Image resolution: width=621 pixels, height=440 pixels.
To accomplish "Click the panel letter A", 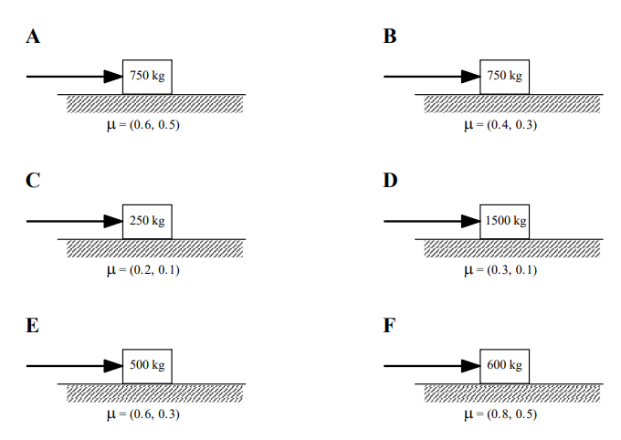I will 33,37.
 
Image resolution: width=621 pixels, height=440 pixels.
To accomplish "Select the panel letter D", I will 391,181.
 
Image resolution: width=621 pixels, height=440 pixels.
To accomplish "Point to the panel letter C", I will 33,181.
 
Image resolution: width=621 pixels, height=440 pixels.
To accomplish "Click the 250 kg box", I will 147,221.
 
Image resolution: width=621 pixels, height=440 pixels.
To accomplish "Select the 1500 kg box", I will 505,221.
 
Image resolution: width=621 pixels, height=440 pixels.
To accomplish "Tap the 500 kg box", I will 147,365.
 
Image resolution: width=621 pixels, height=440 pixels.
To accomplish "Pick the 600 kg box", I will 505,365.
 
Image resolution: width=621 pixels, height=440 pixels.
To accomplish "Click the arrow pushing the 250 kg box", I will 74,221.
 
